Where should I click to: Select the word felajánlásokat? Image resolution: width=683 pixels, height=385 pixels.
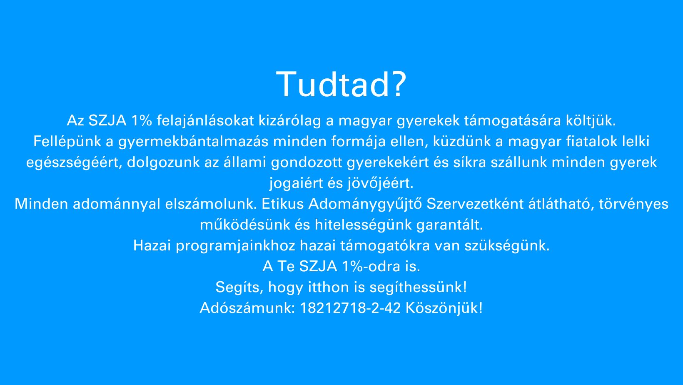(205, 120)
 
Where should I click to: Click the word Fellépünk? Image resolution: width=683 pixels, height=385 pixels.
(67, 141)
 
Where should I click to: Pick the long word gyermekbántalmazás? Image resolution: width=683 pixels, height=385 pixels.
(193, 141)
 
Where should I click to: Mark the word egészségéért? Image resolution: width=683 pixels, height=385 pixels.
(74, 162)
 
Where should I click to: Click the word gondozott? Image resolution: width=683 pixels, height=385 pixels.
(307, 162)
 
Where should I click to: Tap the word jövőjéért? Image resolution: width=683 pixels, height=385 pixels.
(380, 183)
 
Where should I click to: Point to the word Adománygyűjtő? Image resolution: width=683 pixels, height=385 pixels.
(365, 204)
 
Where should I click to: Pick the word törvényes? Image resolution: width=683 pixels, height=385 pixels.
(633, 204)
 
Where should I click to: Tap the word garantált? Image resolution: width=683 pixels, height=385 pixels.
(450, 225)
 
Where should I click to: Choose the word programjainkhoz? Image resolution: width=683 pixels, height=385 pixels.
(236, 245)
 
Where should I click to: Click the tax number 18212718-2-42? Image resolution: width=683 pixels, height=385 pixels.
(350, 308)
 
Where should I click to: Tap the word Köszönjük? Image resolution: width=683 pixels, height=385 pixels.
(444, 308)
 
